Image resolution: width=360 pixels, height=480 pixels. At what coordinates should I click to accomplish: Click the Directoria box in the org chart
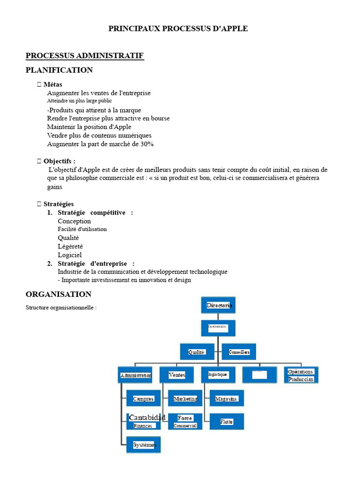(218, 305)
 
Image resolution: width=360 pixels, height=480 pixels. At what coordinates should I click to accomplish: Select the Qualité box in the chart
(197, 352)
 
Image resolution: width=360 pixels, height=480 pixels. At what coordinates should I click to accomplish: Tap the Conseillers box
(239, 352)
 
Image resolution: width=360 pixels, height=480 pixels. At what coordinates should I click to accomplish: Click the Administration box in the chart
(135, 375)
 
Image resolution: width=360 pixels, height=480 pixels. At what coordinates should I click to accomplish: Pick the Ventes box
(177, 375)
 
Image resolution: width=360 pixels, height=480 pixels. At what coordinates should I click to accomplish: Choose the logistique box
(218, 375)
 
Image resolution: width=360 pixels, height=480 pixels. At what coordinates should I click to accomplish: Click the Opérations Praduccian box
(301, 375)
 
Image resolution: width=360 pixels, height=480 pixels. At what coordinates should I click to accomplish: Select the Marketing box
(185, 398)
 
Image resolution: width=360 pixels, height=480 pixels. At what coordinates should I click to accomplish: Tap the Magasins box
(226, 398)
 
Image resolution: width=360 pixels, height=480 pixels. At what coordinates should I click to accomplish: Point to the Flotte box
(226, 421)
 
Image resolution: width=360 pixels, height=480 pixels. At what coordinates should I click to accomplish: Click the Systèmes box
(143, 444)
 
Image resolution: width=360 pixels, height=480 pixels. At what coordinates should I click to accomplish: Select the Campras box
(143, 398)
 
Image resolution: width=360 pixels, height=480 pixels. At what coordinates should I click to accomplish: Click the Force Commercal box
(185, 421)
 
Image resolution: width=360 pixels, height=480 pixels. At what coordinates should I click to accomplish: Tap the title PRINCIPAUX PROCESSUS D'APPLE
(178, 29)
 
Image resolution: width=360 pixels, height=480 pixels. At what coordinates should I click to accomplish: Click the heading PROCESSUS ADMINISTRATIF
(84, 56)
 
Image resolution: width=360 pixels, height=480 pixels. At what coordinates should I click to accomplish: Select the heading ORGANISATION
(59, 294)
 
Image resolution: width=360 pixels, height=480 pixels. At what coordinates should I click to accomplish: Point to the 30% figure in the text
(147, 144)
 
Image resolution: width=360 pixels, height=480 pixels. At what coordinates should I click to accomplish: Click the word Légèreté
(70, 247)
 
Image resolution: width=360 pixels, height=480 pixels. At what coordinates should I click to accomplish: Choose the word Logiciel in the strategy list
(69, 255)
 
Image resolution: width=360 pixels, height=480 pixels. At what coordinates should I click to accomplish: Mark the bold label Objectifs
(59, 161)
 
